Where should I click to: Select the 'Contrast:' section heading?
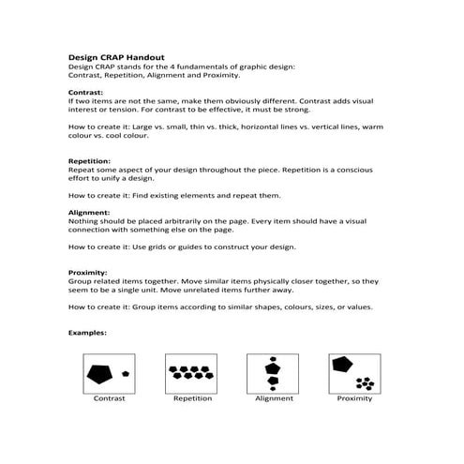point(88,93)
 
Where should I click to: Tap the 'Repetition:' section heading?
point(91,161)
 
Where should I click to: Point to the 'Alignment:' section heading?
point(90,212)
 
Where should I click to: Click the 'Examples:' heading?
point(88,332)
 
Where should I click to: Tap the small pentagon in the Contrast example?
point(126,373)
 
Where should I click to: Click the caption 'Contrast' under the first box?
point(109,398)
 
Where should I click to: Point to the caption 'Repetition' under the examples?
point(192,398)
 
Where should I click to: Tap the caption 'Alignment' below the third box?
point(274,398)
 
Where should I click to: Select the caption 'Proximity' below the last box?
point(354,398)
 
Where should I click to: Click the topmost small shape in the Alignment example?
point(273,359)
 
